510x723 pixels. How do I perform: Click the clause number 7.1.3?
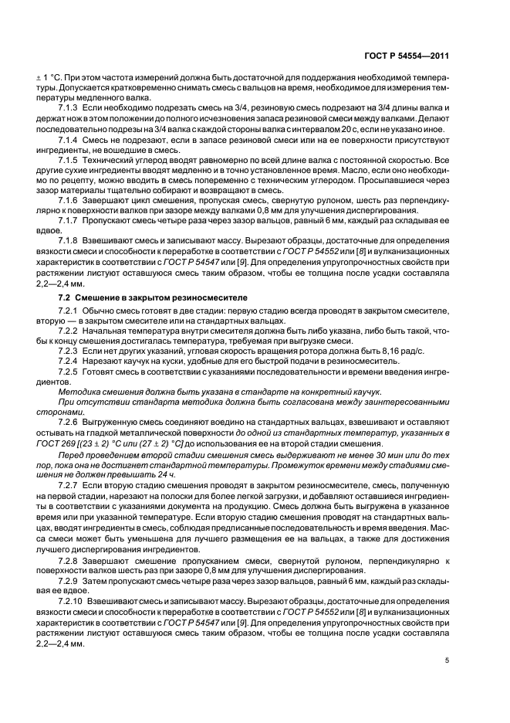click(70, 107)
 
